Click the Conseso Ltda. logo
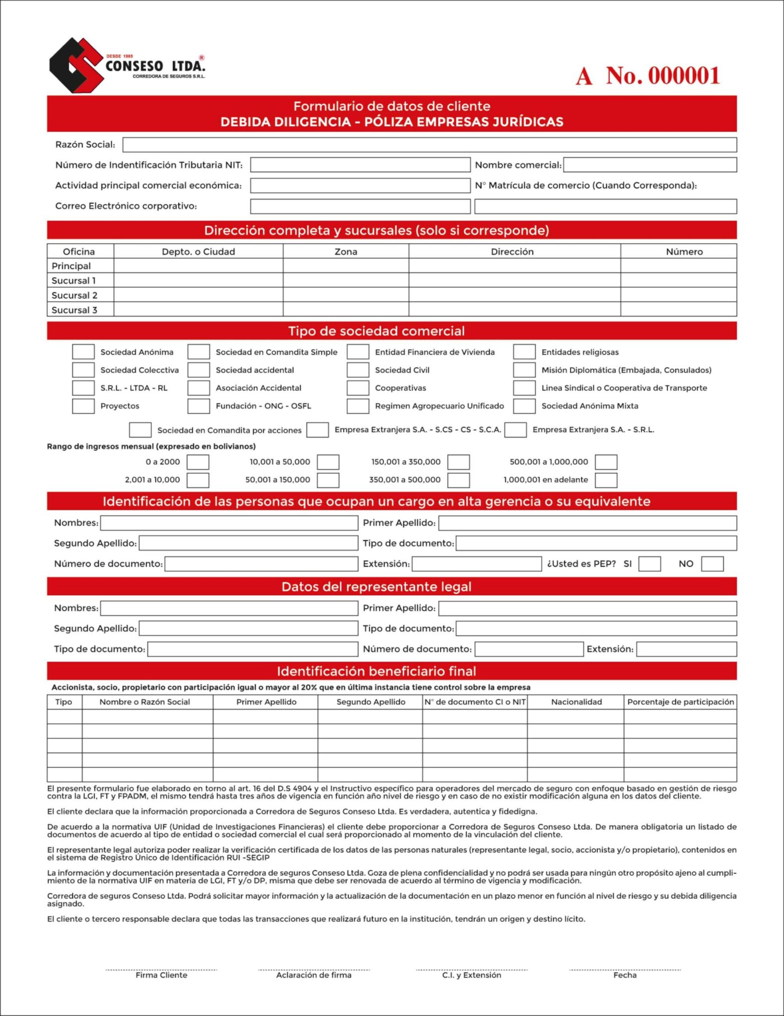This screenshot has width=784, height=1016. coord(127,65)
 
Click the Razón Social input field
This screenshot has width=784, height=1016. coord(429,145)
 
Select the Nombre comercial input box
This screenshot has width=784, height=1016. coord(650,165)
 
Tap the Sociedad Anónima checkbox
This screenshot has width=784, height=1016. coord(83,352)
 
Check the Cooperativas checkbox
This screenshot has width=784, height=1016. coord(357,388)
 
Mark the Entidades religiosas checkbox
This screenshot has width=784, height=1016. coord(524,352)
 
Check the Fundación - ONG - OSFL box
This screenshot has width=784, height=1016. coord(198,406)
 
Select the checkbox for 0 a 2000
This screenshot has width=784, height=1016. coord(197,462)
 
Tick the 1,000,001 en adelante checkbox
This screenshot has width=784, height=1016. coord(606,480)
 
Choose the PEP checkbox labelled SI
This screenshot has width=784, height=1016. coord(649,564)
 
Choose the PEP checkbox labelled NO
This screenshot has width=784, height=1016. coord(712,564)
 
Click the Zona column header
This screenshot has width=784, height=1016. coord(346,252)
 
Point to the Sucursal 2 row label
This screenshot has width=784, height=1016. coord(74,295)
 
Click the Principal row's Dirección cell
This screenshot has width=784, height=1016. coord(514,266)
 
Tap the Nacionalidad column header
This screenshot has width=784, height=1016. coord(576,702)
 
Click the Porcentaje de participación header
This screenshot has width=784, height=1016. coord(680,702)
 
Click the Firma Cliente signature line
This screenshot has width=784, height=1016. coord(161,969)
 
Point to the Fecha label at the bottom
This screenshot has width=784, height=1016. coord(625,975)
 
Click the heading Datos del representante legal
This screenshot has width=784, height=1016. coord(376,587)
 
